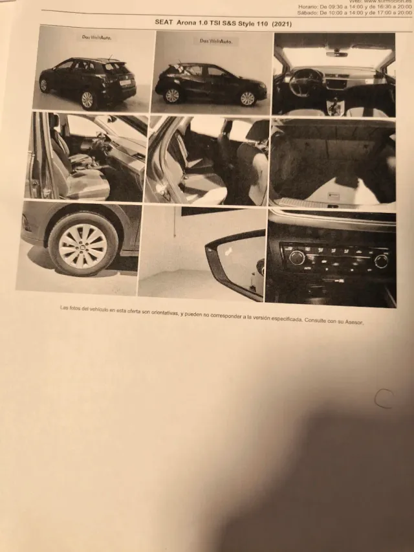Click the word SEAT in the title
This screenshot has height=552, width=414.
(x=165, y=21)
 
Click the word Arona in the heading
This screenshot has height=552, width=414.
(x=189, y=21)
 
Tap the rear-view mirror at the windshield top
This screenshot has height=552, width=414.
(x=336, y=54)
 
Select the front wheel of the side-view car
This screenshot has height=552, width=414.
(x=248, y=98)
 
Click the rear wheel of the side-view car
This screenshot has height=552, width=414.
(x=172, y=96)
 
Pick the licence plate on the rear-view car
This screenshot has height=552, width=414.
(x=124, y=83)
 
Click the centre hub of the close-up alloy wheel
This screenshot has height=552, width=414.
(x=83, y=246)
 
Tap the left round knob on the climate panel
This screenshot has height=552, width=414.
(x=297, y=258)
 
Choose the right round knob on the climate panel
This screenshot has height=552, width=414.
(x=381, y=261)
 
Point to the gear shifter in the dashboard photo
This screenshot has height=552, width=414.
(x=334, y=105)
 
